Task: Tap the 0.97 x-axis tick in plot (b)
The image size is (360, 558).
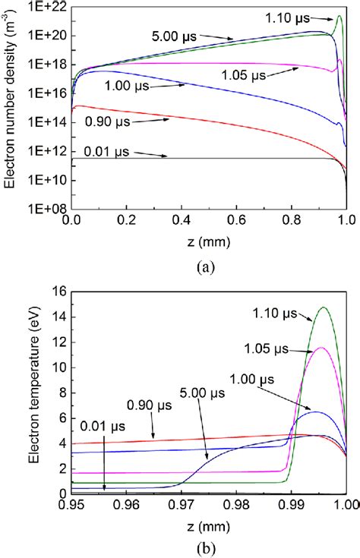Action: tap(182, 505)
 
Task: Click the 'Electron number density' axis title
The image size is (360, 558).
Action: tap(10, 106)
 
